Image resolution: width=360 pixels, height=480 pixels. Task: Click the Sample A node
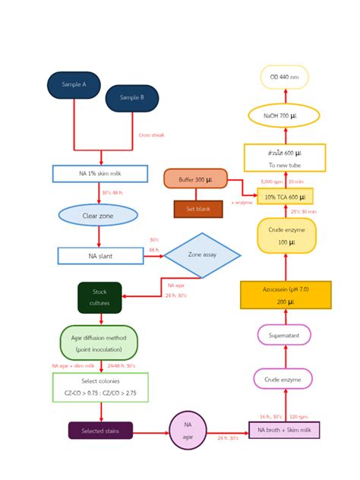pos(74,85)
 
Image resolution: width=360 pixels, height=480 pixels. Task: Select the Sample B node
pos(131,98)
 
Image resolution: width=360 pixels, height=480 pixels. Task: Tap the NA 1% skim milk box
pos(99,174)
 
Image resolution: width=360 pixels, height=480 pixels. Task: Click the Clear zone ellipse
pos(98,216)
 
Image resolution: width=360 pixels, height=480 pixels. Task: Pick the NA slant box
pos(100,256)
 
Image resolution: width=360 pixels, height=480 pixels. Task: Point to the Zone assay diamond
pos(202,255)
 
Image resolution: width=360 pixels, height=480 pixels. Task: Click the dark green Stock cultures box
pos(99,297)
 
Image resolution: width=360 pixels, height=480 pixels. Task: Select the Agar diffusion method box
pos(99,343)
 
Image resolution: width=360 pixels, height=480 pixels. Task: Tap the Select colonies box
pos(100,387)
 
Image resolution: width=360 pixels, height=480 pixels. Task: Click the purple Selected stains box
pos(100,431)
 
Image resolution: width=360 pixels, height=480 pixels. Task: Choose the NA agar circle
pos(188,431)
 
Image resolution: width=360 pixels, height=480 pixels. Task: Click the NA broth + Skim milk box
pos(284,431)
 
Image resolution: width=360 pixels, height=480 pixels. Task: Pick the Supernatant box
pos(284,335)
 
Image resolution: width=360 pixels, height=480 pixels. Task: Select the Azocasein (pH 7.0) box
pos(286,295)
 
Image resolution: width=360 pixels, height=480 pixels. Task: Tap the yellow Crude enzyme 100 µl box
pos(286,235)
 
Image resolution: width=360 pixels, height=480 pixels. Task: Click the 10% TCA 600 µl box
pos(285,197)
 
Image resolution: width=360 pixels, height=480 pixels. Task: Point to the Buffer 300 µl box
pos(195,178)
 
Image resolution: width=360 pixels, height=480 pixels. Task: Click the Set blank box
pos(197,208)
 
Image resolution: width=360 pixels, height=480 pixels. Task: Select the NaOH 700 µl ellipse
pos(284,115)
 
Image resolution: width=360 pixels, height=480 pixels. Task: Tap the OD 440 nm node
pos(284,77)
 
